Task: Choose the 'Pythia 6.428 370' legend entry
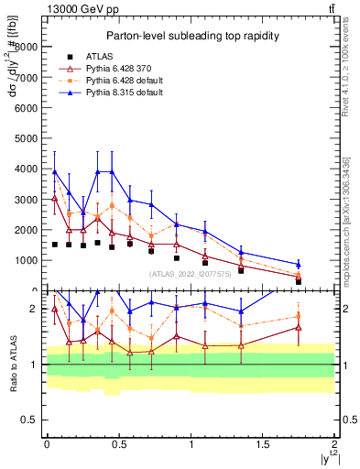pos(115,69)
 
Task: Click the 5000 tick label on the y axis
pos(27,137)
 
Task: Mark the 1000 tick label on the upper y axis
pos(27,260)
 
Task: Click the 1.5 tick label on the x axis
pos(263,443)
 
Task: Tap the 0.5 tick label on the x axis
pos(118,443)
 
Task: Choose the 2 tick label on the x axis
pos(335,443)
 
